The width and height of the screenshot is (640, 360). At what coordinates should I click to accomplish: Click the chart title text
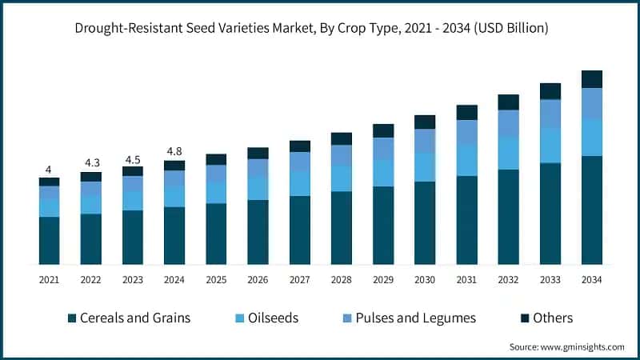[x=320, y=28]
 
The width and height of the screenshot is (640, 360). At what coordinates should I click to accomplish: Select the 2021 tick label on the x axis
[x=49, y=279]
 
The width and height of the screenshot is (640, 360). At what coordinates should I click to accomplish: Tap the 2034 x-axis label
[x=591, y=279]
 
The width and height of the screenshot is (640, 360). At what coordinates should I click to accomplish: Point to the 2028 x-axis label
[x=341, y=279]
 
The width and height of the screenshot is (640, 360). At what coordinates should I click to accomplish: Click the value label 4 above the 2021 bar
[x=49, y=170]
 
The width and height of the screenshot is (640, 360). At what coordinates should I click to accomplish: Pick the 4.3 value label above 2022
[x=91, y=163]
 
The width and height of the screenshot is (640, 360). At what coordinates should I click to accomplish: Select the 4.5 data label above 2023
[x=133, y=158]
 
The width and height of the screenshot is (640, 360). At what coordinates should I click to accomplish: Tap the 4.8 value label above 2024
[x=174, y=152]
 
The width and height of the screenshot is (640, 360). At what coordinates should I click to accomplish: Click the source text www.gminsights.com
[x=566, y=346]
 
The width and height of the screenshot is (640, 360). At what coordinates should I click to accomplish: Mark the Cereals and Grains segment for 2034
[x=591, y=210]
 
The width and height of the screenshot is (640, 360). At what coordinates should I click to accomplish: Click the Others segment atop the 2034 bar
[x=591, y=78]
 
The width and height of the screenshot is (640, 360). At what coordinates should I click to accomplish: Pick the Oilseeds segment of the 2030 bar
[x=425, y=167]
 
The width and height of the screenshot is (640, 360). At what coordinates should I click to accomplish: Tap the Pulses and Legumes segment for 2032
[x=508, y=123]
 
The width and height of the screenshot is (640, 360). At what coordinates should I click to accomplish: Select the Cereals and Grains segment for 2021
[x=49, y=240]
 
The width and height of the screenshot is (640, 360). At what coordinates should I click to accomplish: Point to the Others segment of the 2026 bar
[x=258, y=153]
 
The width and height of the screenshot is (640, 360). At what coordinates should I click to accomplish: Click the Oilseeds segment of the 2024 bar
[x=174, y=197]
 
